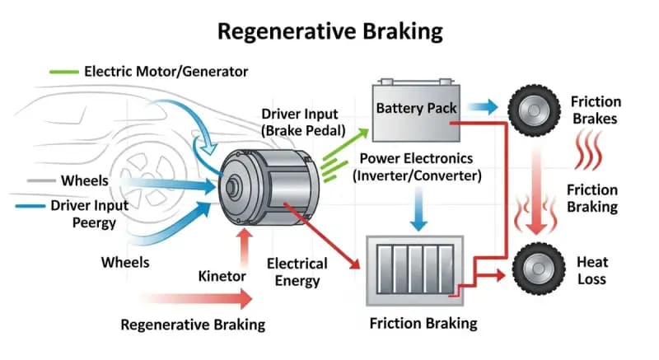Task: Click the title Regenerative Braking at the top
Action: pyautogui.click(x=329, y=31)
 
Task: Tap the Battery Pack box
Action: pyautogui.click(x=416, y=110)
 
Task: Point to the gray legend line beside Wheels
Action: pyautogui.click(x=40, y=180)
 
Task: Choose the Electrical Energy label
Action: pyautogui.click(x=297, y=273)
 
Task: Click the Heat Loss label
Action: pyautogui.click(x=591, y=271)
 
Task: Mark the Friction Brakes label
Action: pyautogui.click(x=595, y=110)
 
